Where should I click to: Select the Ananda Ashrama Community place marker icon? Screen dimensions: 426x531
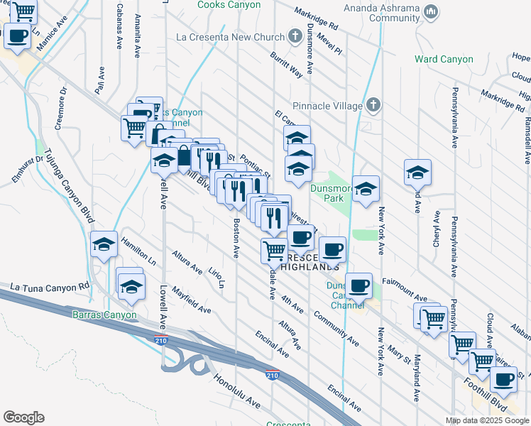[x=430, y=12]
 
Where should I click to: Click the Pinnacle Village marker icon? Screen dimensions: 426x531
[x=374, y=106]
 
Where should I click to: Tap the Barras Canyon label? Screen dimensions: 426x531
[x=103, y=314]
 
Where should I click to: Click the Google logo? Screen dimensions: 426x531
[x=23, y=417]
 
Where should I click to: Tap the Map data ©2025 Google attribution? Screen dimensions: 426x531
[x=487, y=420]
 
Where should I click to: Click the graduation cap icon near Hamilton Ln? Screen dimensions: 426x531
[x=104, y=245]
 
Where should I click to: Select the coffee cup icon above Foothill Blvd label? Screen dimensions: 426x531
[x=504, y=378]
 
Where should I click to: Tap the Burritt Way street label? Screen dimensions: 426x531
[x=286, y=64]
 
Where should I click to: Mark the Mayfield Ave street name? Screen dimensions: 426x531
[x=191, y=300]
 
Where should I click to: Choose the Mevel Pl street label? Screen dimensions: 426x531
[x=330, y=45]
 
